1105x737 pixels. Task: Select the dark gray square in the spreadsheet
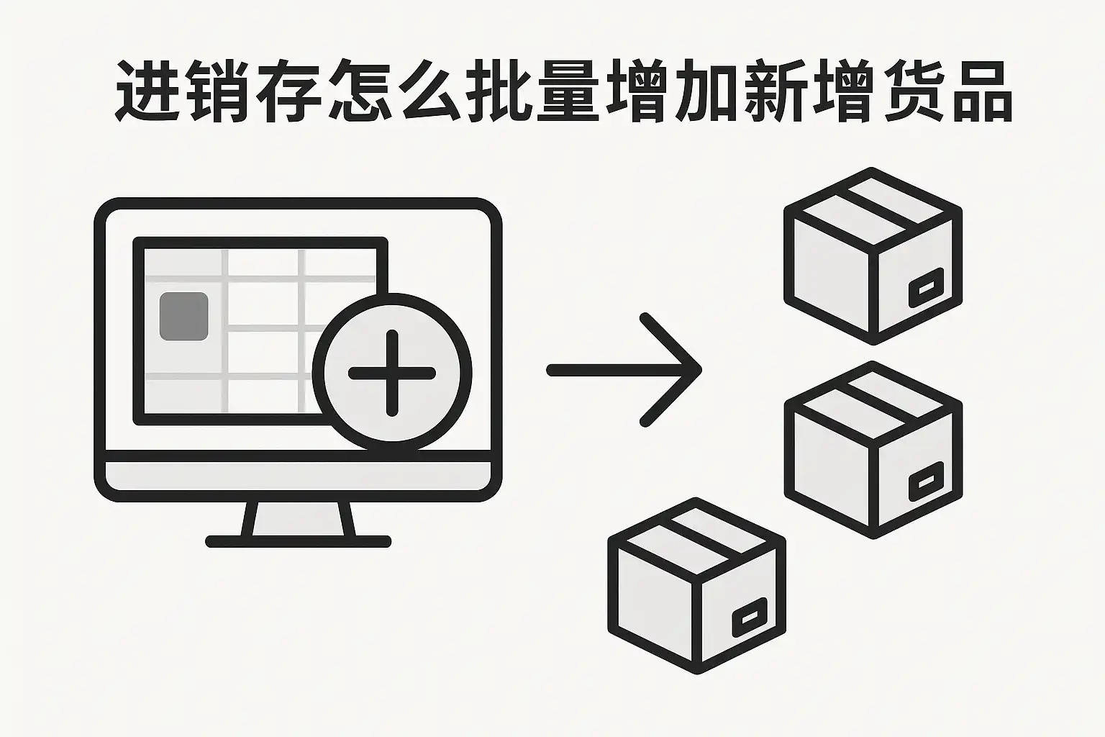183,316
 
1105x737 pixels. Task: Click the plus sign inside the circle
392,373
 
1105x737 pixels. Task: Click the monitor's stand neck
299,518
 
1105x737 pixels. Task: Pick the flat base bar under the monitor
299,541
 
